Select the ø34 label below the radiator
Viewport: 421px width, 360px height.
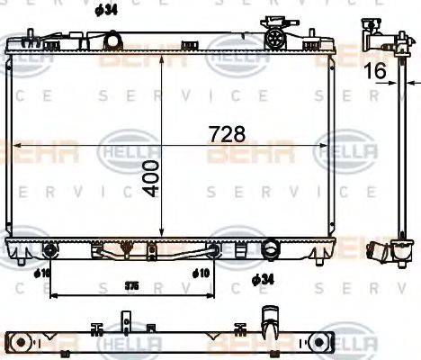coord(263,280)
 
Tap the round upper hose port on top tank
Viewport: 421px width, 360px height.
coord(112,40)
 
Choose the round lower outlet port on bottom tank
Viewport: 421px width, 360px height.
coord(271,247)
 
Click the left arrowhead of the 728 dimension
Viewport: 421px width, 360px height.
coord(14,144)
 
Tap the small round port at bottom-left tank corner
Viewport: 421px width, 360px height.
coord(49,247)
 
